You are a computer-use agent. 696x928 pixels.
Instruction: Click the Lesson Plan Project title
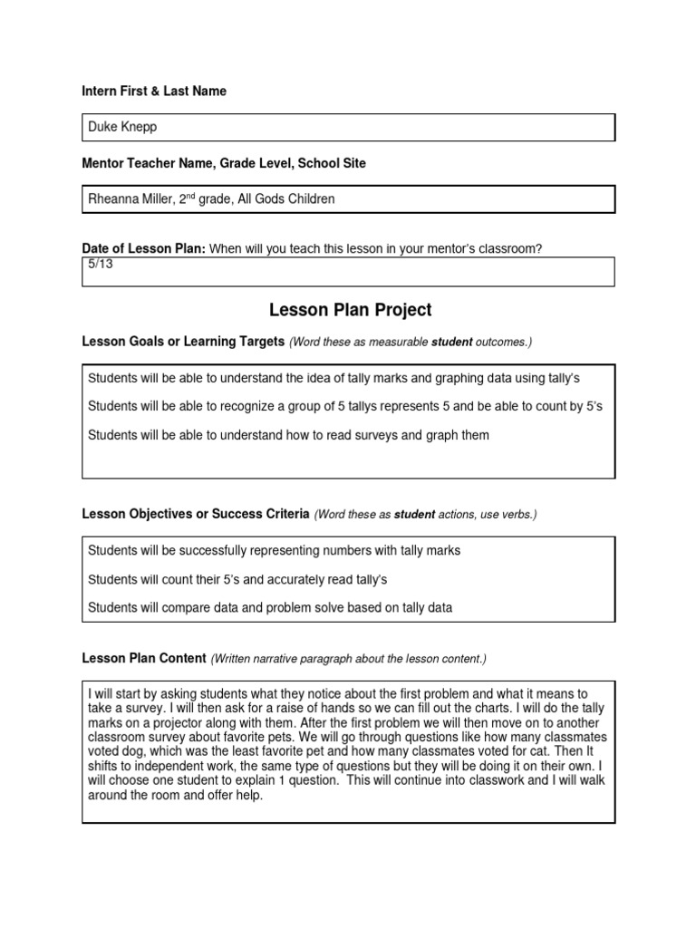point(350,310)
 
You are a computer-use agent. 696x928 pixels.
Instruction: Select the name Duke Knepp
point(122,127)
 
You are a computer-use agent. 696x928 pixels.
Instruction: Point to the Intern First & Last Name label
point(154,92)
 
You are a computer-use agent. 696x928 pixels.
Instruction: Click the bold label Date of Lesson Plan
point(144,249)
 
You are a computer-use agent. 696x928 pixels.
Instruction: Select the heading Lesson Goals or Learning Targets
point(183,342)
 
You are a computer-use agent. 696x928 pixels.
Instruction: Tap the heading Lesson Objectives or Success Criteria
point(196,514)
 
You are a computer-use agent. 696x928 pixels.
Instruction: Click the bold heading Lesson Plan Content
point(144,658)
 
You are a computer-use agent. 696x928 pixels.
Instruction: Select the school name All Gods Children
point(286,198)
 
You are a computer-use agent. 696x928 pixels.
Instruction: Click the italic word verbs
point(518,514)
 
